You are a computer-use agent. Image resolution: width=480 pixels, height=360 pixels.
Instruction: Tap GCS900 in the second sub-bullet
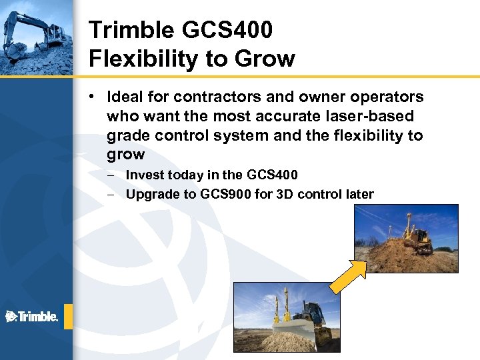[x=224, y=195]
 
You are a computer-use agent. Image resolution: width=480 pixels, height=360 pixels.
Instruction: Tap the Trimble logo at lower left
[x=31, y=317]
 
